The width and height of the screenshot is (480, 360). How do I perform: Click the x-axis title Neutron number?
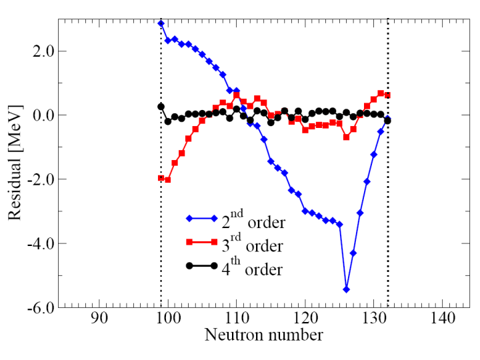264,335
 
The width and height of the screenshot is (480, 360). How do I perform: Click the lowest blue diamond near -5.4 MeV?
346,289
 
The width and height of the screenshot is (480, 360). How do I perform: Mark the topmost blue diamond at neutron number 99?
161,23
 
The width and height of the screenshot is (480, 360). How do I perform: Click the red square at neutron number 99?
161,178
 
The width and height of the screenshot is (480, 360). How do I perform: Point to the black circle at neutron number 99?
161,107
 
